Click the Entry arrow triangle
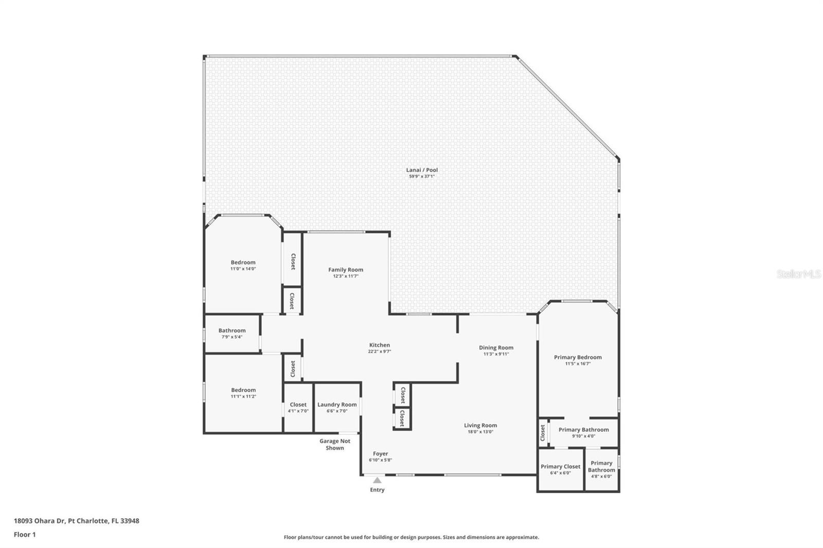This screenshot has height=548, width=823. click(378, 480)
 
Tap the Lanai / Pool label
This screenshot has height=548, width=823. click(422, 170)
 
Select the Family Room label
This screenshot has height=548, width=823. click(346, 269)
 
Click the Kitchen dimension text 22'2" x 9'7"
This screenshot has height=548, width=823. click(380, 352)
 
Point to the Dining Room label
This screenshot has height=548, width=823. click(496, 348)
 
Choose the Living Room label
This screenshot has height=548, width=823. click(480, 425)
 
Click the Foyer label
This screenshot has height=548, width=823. click(381, 453)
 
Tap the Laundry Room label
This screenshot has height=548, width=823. click(337, 405)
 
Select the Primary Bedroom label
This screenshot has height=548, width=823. click(578, 357)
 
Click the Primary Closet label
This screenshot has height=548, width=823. click(561, 466)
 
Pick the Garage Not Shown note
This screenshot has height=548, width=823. click(335, 445)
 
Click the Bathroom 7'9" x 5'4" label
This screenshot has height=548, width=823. click(232, 333)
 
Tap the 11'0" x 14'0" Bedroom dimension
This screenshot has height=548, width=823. click(243, 269)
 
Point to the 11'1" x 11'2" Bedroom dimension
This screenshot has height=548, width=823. click(244, 396)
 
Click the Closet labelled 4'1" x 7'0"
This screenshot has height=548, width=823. click(298, 407)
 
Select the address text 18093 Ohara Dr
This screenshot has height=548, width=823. click(40, 521)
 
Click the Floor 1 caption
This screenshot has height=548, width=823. click(25, 535)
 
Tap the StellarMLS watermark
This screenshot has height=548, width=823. click(798, 273)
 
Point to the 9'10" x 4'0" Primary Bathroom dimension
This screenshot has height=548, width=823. click(584, 436)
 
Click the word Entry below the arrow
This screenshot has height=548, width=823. click(378, 489)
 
